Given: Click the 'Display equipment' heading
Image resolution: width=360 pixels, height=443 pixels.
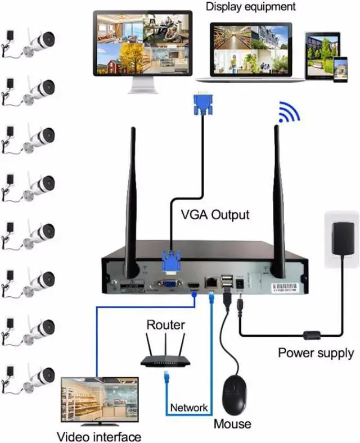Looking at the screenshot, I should (x=250, y=7).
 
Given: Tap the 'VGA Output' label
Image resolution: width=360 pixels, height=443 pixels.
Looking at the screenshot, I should (x=215, y=215).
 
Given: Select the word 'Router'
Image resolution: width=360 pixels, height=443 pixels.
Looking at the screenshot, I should (x=165, y=325).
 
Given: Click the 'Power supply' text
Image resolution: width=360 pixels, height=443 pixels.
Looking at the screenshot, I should (x=316, y=353).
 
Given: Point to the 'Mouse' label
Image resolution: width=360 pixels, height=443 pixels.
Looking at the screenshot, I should (x=232, y=423).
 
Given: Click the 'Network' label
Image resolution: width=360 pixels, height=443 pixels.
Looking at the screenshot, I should (x=189, y=408).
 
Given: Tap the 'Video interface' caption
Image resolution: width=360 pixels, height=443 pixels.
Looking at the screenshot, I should (x=99, y=436).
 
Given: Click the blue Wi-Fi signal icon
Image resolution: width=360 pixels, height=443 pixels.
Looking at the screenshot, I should (x=289, y=112).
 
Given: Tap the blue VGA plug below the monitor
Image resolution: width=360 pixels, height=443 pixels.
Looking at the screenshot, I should (x=202, y=105).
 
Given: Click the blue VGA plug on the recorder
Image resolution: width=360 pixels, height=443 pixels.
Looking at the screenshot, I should (x=171, y=264).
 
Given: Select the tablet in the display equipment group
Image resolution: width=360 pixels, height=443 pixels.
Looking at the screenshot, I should (x=323, y=55).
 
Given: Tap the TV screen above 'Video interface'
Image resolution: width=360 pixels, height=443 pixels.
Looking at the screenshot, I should (x=100, y=400).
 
